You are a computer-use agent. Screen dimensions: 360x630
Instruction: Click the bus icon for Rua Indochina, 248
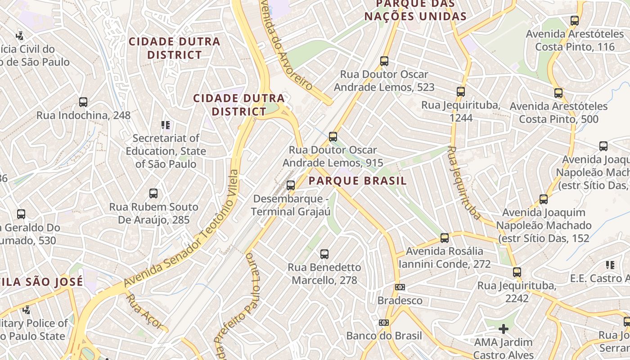83,102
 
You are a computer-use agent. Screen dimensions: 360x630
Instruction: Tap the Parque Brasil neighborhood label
358,181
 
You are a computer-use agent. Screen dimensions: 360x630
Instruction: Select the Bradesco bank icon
400,287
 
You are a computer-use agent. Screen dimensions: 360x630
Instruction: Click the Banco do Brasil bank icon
383,323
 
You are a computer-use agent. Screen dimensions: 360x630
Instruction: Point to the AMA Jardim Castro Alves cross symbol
504,329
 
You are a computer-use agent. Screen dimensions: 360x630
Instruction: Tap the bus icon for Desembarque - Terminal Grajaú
291,185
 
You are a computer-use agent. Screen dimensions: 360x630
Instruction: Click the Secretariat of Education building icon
166,125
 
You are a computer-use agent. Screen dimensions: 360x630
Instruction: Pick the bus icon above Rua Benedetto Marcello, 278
324,254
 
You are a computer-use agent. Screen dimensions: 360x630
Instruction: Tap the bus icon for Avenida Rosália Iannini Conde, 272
445,238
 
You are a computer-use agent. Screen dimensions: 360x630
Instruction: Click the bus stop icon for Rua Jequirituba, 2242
517,272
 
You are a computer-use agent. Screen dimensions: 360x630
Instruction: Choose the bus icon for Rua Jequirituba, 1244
461,92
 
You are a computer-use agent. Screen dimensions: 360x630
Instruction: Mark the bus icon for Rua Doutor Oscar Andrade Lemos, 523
384,61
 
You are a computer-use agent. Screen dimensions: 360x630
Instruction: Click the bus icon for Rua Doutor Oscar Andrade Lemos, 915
333,137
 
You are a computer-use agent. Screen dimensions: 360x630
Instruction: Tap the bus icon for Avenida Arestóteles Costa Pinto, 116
575,21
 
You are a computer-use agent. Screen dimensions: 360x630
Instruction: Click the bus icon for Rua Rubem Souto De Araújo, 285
153,194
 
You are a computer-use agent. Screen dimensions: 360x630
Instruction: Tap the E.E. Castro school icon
610,265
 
